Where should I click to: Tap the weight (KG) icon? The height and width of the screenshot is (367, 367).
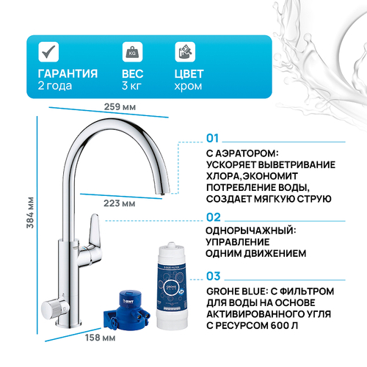(133, 52)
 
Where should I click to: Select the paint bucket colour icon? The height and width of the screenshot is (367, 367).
(184, 52)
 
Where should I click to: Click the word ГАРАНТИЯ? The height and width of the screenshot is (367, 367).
(67, 74)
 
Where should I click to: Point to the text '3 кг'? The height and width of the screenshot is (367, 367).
(131, 87)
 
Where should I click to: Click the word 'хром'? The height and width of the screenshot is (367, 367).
(186, 87)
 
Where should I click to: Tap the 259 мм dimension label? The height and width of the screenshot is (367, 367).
(120, 108)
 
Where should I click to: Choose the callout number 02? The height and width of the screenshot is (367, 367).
(214, 217)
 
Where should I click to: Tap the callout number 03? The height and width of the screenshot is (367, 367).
(214, 276)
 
